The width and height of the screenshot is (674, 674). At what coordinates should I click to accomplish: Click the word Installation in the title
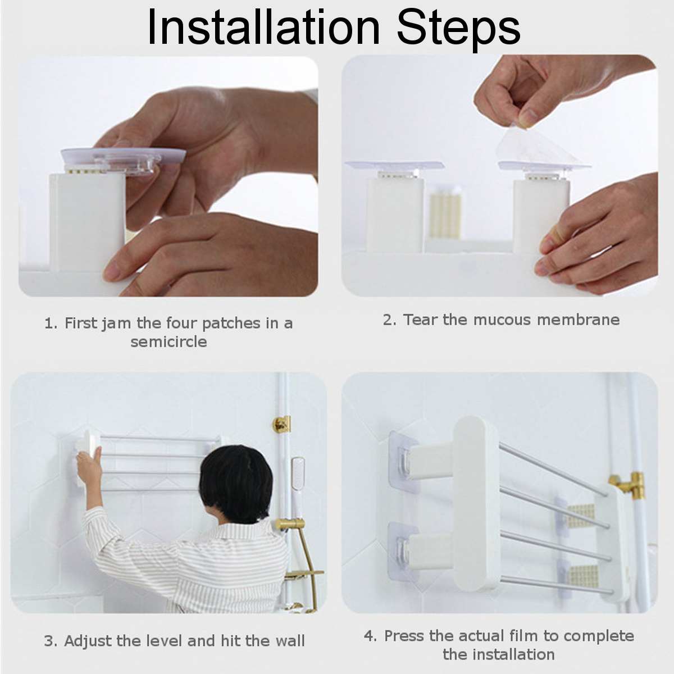(263, 27)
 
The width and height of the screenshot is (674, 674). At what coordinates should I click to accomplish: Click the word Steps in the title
(459, 27)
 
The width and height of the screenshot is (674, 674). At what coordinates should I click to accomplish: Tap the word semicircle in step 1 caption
(168, 341)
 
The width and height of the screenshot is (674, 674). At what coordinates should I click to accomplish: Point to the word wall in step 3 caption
(290, 641)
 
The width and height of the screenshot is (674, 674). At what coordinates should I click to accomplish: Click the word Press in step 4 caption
(404, 636)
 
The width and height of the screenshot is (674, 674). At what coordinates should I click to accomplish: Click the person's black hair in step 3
(235, 483)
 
